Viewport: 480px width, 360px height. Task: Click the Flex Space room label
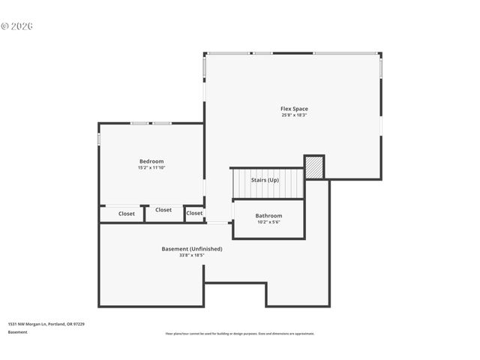294,109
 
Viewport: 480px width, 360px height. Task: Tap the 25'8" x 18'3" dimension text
294,115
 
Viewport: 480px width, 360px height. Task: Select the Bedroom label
151,161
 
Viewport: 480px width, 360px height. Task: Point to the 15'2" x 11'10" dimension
151,168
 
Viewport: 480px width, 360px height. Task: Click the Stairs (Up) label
265,180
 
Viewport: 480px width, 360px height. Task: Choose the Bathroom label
268,215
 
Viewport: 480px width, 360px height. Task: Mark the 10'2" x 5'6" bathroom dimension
268,222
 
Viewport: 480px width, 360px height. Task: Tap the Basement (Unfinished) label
192,248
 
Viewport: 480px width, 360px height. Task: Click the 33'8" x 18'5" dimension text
192,255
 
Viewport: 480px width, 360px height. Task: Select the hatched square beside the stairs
314,167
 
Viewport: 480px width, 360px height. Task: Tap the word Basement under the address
18,331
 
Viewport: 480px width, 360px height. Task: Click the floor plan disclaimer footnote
240,334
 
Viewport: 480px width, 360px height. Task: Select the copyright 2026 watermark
16,26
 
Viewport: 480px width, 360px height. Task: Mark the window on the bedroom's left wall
99,139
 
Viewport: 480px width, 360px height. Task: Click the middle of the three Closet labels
163,210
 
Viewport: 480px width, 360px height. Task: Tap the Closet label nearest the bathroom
194,213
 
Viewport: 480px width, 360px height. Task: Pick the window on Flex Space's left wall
204,67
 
